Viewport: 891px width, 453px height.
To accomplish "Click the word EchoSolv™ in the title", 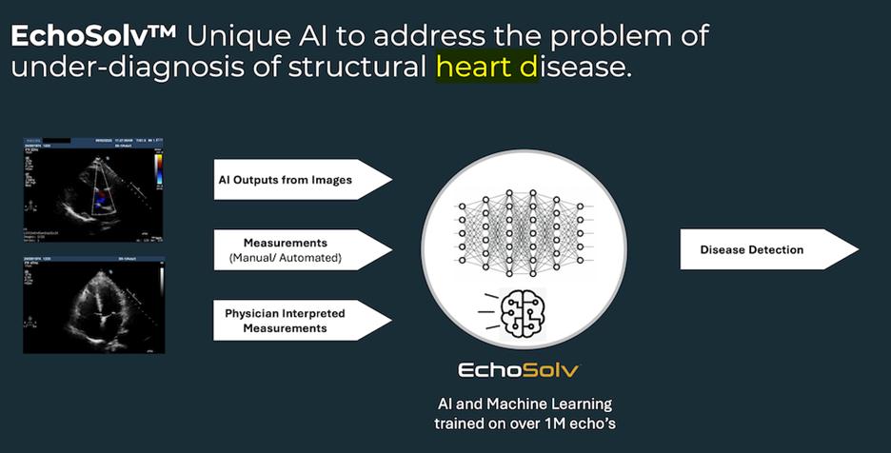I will tap(93, 36).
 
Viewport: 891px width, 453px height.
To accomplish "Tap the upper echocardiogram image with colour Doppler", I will tap(93, 188).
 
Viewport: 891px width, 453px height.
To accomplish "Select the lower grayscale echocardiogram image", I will tap(93, 304).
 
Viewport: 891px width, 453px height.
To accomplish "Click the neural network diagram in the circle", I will tap(522, 229).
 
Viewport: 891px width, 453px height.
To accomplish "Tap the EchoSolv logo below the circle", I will tap(519, 369).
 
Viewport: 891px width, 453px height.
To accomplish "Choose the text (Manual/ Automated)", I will tap(286, 258).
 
